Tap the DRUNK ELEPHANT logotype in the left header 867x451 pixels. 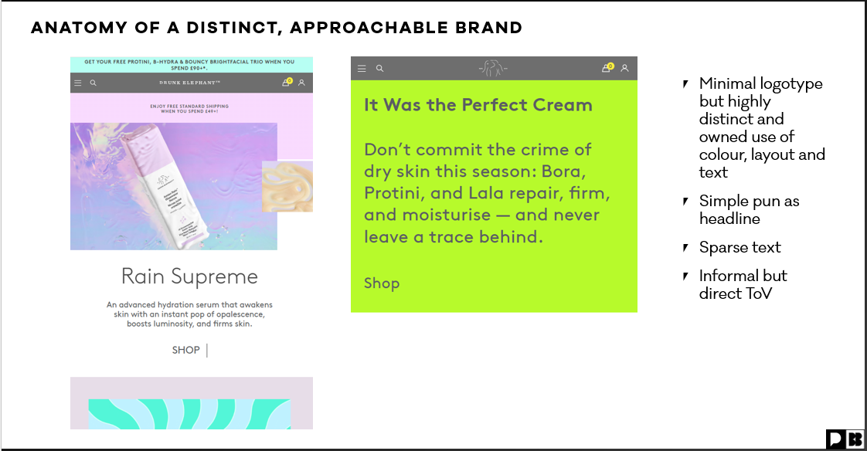(190, 83)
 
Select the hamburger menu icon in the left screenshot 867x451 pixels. (77, 83)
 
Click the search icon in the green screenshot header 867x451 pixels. (379, 69)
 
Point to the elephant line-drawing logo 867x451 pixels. (492, 68)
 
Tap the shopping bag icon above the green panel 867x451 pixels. (607, 68)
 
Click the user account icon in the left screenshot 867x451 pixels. (302, 83)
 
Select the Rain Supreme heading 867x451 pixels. (189, 276)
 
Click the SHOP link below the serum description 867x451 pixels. (185, 350)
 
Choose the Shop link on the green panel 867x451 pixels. (382, 283)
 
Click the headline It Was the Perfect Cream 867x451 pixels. (478, 105)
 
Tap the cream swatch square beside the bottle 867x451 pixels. (287, 186)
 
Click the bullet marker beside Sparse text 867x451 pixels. (685, 248)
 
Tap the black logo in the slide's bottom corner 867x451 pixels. (845, 439)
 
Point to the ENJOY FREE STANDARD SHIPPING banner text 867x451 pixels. (191, 106)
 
